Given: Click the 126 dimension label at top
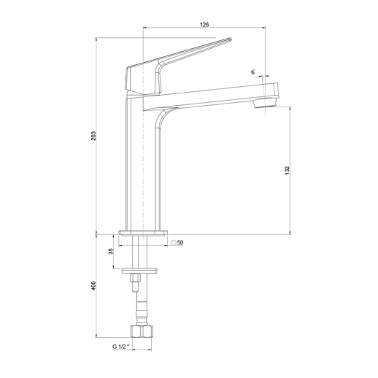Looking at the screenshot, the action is point(204,24).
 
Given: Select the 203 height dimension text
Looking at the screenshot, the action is point(93,136).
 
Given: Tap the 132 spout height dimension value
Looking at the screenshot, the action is point(287,170).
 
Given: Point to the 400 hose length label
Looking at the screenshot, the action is point(93,285).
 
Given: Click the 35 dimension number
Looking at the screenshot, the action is point(111,251).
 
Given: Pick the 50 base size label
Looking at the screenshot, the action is point(180,242).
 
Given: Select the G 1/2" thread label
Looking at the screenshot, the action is point(121,347).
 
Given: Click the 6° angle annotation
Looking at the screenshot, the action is point(253,72).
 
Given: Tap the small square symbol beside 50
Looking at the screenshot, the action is point(174,242).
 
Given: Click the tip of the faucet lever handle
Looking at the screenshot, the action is point(231,39).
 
